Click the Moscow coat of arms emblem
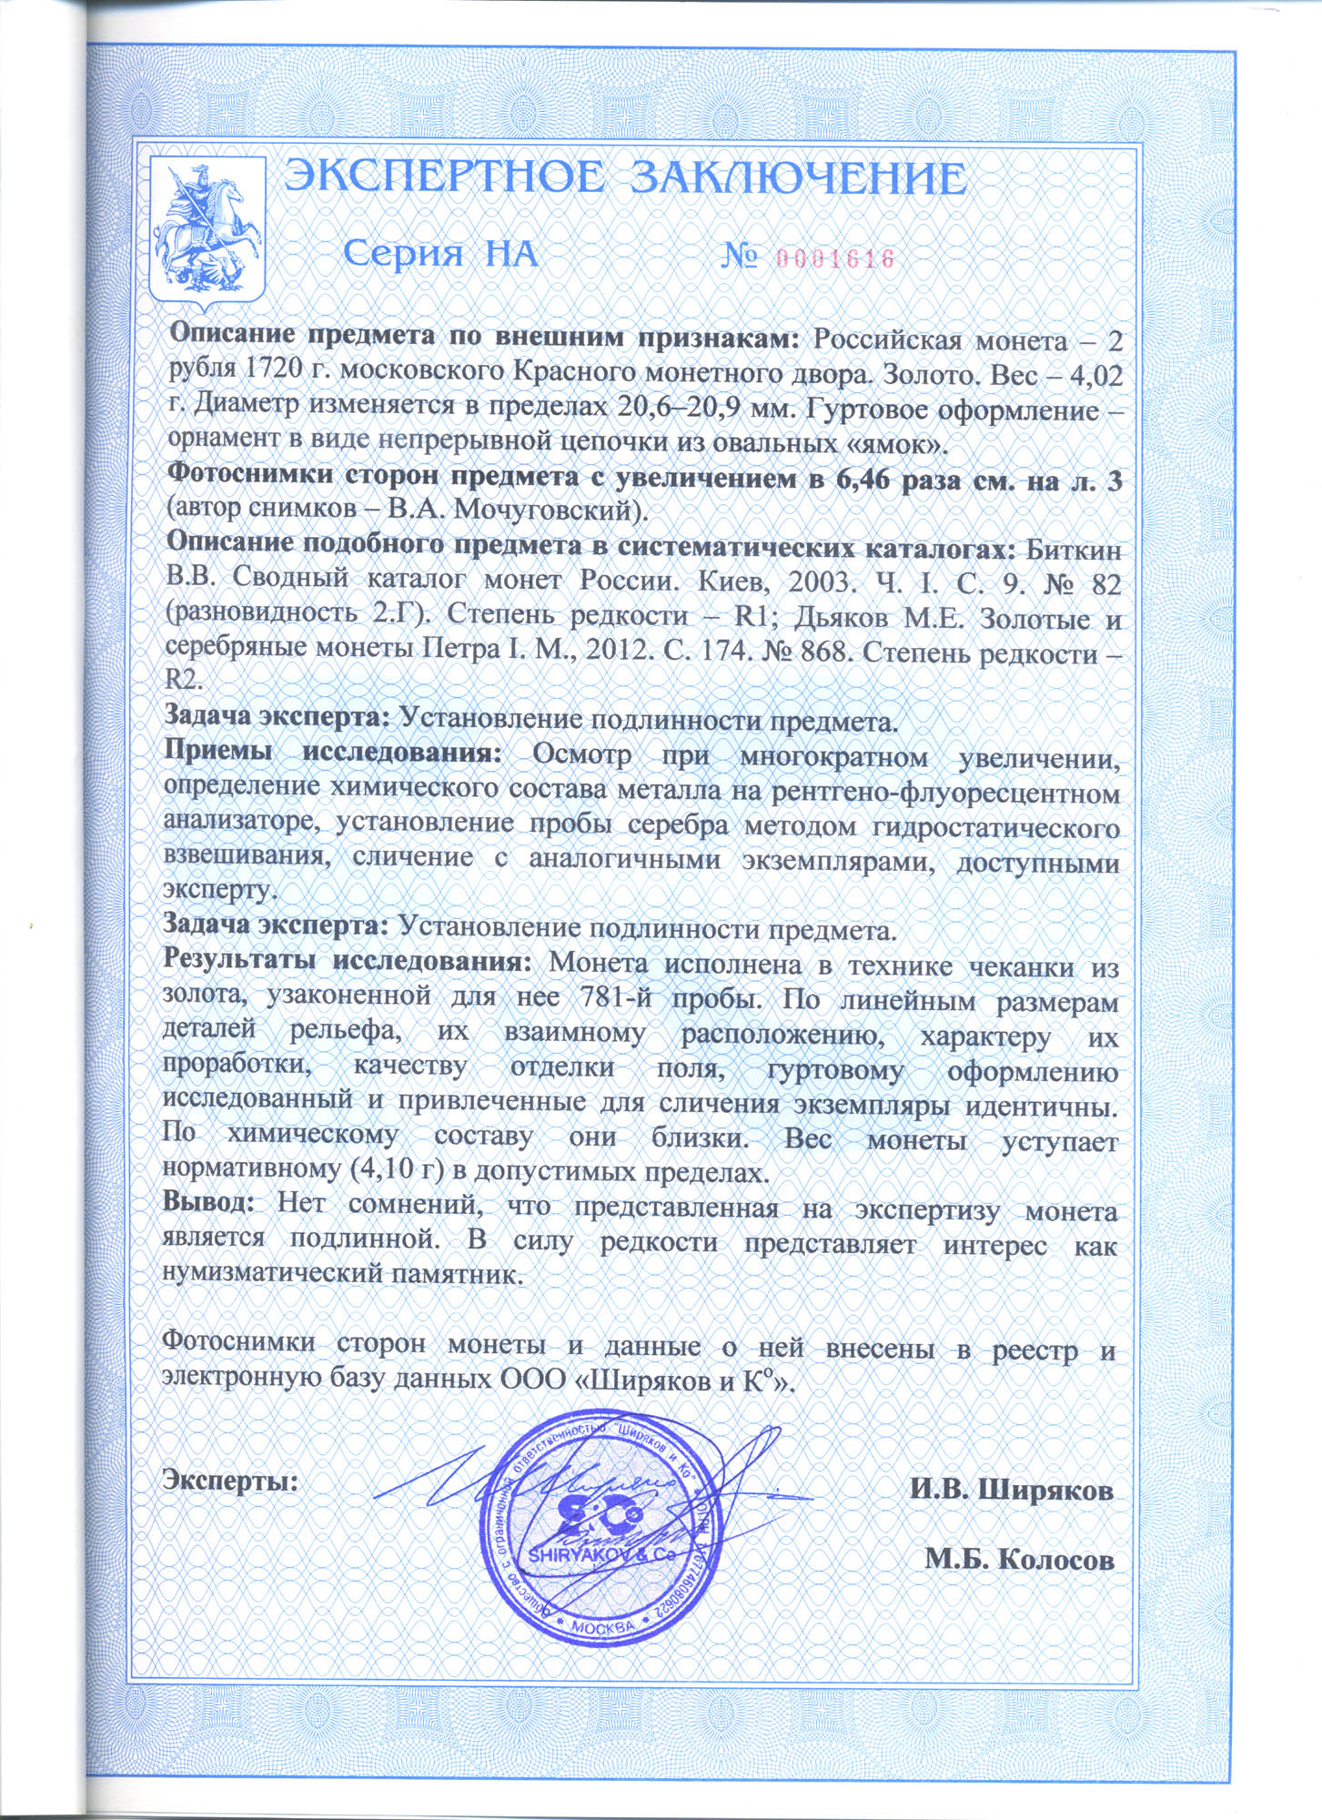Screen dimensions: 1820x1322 click(x=207, y=233)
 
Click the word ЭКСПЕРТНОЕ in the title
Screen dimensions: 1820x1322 click(x=444, y=177)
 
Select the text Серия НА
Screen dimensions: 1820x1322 click(x=441, y=254)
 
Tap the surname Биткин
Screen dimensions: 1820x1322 click(x=1074, y=551)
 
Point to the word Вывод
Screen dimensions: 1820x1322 click(x=208, y=1202)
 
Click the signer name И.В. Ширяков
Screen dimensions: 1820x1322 click(x=1012, y=1490)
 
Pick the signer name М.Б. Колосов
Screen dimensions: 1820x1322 click(x=1019, y=1559)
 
